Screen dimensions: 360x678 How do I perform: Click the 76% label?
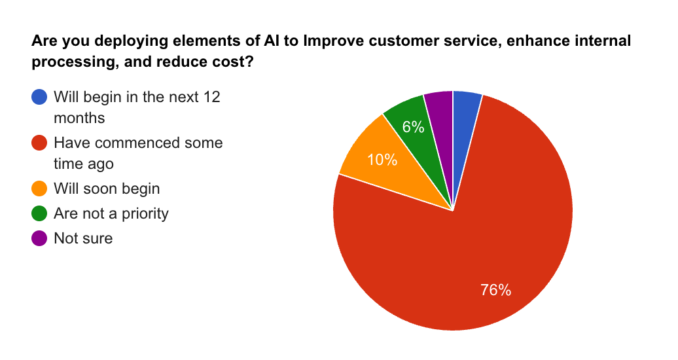coord(495,290)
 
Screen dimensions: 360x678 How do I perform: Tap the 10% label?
coord(382,159)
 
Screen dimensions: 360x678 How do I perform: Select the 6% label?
coord(413,127)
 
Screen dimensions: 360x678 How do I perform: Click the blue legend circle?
coord(39,98)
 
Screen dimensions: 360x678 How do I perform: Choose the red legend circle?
coord(39,143)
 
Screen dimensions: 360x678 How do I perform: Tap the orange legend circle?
coord(39,189)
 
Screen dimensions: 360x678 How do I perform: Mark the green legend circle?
coord(39,213)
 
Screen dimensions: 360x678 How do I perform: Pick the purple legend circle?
coord(39,238)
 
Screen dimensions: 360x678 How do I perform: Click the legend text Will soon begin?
coord(107,189)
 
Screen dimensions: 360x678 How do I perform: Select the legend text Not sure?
coord(83,238)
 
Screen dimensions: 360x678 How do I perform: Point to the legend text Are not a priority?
coord(111,213)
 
